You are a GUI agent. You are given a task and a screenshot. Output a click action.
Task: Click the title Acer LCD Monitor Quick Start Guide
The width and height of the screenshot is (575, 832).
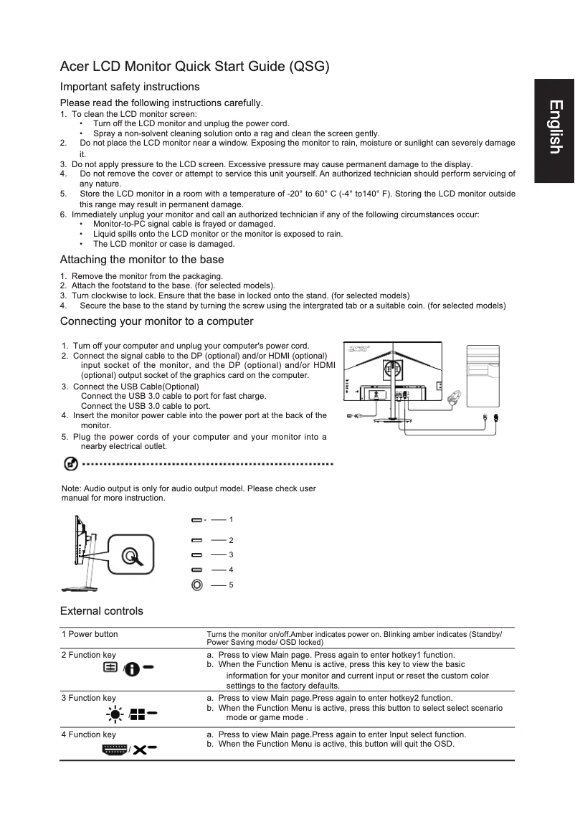[194, 67]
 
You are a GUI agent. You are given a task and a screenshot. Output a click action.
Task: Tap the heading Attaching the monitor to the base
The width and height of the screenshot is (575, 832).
[142, 260]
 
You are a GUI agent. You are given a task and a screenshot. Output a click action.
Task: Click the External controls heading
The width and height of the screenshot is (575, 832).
[102, 611]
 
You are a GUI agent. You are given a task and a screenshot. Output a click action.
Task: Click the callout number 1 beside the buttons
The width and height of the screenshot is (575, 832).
[232, 519]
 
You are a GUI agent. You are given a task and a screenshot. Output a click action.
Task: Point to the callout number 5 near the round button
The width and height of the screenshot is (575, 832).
[232, 585]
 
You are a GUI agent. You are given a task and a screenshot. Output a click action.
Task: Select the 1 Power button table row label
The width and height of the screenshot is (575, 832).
[90, 635]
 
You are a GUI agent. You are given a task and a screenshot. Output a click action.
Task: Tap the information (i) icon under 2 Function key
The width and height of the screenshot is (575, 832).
[132, 668]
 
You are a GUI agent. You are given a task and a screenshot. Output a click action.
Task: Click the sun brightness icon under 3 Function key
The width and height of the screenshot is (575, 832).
[115, 713]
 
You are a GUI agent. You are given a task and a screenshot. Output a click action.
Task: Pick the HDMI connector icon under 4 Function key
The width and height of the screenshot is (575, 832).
[115, 750]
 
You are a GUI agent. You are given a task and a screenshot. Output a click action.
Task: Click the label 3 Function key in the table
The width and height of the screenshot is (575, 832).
[88, 698]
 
